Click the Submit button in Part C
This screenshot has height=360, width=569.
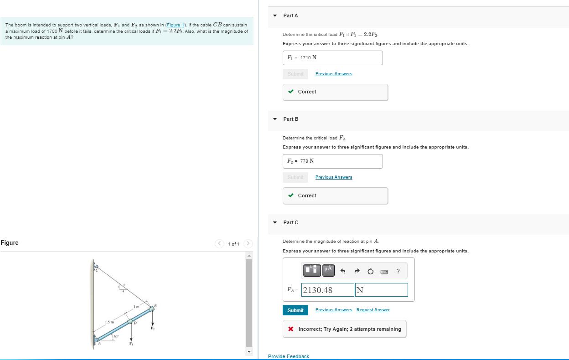pyautogui.click(x=295, y=310)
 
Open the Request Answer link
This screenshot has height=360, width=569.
pyautogui.click(x=373, y=310)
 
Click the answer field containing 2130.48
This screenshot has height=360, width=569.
pyautogui.click(x=328, y=290)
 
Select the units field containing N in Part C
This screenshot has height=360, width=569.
pyautogui.click(x=381, y=290)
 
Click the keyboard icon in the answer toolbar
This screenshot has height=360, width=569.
pyautogui.click(x=384, y=272)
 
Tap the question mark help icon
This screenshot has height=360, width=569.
pyautogui.click(x=398, y=272)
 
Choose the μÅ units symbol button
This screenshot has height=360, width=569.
pyautogui.click(x=328, y=270)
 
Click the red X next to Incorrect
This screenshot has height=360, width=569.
pyautogui.click(x=290, y=329)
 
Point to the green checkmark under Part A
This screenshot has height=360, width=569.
pyautogui.click(x=290, y=92)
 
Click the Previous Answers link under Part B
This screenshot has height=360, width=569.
pyautogui.click(x=334, y=177)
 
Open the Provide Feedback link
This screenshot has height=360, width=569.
pyautogui.click(x=289, y=356)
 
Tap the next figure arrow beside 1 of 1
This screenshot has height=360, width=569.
pyautogui.click(x=248, y=243)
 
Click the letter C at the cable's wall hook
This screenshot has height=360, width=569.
pyautogui.click(x=97, y=270)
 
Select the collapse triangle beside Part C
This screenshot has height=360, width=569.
pyautogui.click(x=274, y=222)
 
